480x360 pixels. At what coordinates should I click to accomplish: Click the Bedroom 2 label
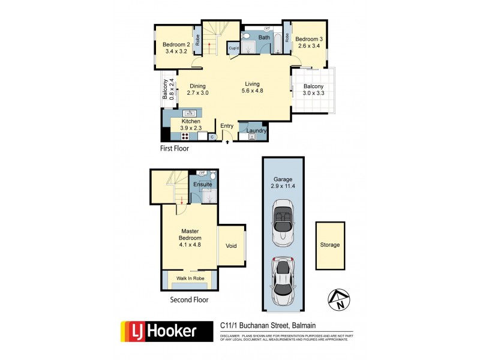[x=176, y=44]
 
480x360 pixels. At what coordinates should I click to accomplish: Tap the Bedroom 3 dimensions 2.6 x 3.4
[x=308, y=44]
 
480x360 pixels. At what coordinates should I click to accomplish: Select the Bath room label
[x=264, y=38]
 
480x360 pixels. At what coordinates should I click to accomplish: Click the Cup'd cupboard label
[x=233, y=49]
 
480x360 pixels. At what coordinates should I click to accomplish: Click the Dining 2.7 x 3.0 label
[x=197, y=89]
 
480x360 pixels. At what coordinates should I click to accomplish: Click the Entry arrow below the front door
[x=227, y=142]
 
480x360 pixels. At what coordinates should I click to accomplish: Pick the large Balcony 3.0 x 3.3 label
[x=313, y=89]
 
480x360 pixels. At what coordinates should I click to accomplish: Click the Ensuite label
[x=202, y=185]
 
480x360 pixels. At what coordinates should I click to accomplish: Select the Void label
[x=231, y=246]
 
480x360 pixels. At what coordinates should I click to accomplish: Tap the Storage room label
[x=330, y=245]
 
